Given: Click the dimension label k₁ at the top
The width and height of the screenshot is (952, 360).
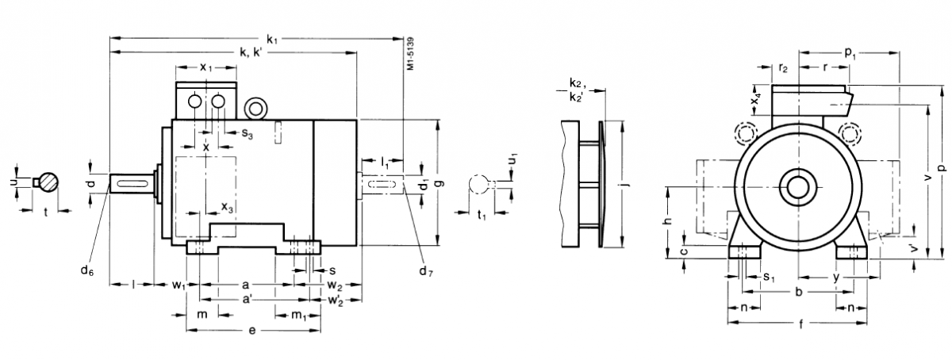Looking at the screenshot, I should coord(272,38).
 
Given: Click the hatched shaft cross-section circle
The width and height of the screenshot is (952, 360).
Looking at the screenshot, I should coord(50,182).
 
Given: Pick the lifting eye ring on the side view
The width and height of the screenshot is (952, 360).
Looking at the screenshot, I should coord(256,107).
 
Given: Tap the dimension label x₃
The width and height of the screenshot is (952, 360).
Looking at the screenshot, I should coord(227,208).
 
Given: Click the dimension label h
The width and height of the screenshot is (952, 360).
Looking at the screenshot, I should coord(669,222).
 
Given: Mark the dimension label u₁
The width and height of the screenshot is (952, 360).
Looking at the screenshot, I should coord(512,159).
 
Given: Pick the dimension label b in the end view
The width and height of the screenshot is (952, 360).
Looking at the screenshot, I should coord(798,293).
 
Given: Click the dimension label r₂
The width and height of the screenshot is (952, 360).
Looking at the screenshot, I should coord(783,68).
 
